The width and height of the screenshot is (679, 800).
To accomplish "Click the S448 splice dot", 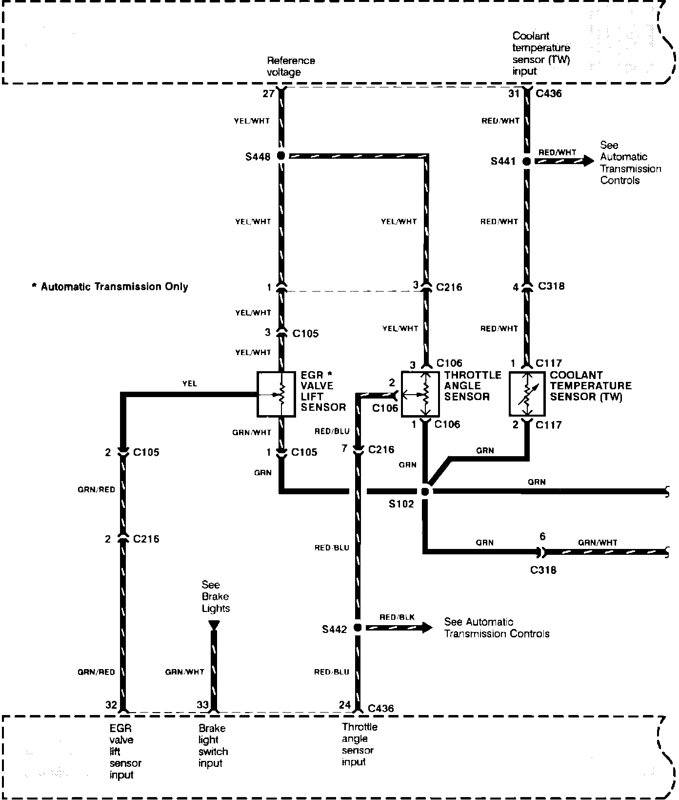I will [280, 156].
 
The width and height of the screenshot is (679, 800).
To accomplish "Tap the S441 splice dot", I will [526, 161].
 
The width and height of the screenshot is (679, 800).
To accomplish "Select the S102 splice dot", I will [425, 491].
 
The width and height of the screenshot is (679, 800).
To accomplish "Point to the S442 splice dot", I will [357, 628].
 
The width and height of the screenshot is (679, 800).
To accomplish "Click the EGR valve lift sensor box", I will [276, 395].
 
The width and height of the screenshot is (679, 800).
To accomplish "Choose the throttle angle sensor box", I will [420, 394].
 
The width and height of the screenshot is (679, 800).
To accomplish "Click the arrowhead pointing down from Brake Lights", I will [214, 625].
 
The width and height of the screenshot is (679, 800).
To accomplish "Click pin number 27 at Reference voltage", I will [268, 93].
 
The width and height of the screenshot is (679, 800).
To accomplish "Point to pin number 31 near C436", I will [514, 93].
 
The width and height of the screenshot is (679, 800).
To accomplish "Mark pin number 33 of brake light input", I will [202, 705].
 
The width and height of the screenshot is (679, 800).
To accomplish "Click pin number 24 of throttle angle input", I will [345, 705].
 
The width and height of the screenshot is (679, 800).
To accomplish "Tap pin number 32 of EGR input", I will [111, 705].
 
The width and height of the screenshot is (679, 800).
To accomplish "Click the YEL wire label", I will [190, 384].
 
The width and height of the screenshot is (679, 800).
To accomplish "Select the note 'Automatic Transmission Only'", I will [110, 287].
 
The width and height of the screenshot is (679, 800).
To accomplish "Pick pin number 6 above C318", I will [542, 537].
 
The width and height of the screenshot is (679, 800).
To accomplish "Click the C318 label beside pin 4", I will [551, 286].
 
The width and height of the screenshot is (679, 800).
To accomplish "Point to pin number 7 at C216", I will [344, 448].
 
